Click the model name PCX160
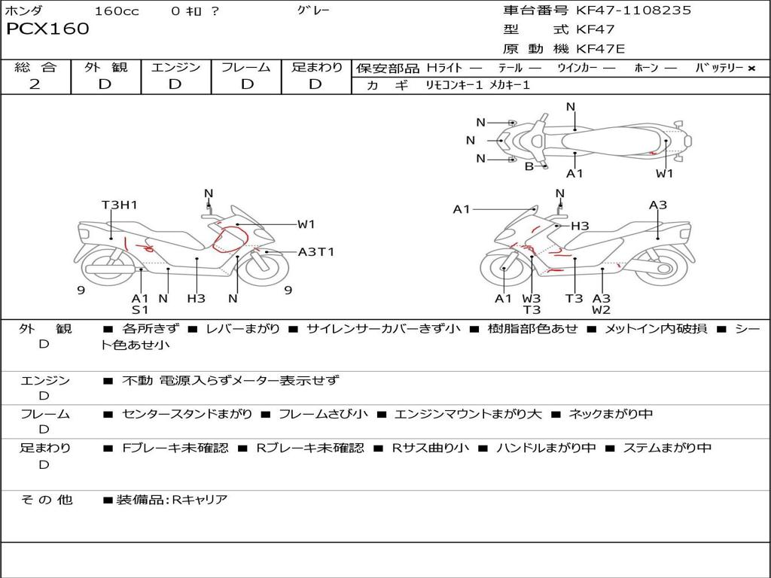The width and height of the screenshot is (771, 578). [x=47, y=29]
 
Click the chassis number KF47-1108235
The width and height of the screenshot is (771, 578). [x=633, y=10]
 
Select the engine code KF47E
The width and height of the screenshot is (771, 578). [x=600, y=49]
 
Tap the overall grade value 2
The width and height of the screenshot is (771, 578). [x=35, y=84]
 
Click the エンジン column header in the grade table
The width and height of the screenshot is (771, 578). [x=175, y=67]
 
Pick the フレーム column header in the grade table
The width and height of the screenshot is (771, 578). [x=246, y=67]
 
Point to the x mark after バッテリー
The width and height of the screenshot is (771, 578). [x=751, y=68]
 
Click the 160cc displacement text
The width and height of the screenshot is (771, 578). [x=117, y=11]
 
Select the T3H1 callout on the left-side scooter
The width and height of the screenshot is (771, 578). [x=120, y=205]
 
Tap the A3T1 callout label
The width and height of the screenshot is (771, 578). [x=316, y=252]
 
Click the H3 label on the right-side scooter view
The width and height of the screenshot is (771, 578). [x=580, y=226]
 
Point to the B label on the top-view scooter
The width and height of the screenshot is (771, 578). [x=529, y=166]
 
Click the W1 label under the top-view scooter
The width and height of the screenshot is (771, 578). [x=664, y=173]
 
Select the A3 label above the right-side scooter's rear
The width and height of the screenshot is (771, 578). [x=658, y=205]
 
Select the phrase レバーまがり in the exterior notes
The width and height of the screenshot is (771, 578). [x=242, y=328]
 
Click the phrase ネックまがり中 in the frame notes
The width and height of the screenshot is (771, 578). [x=611, y=414]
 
